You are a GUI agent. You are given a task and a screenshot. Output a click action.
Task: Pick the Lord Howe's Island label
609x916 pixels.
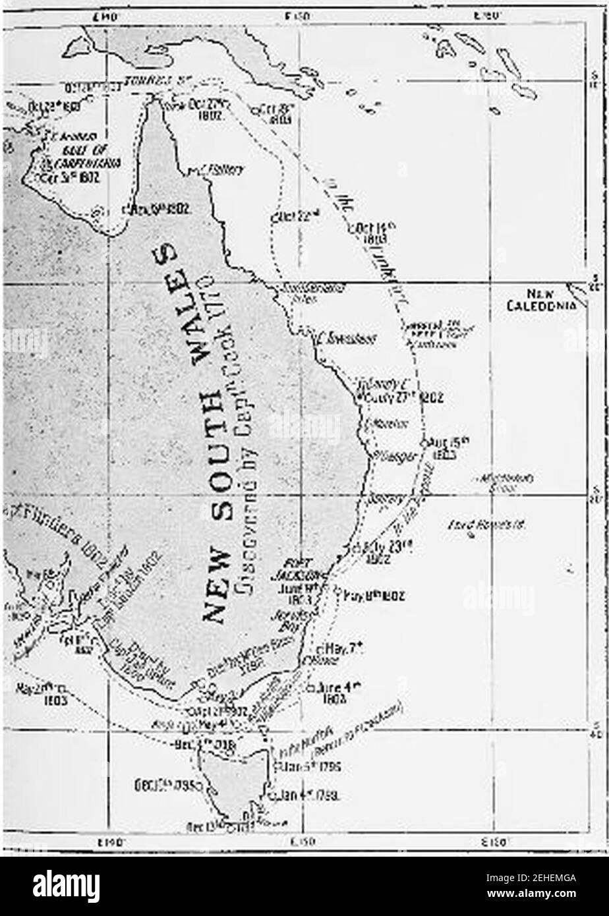coord(494,525)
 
